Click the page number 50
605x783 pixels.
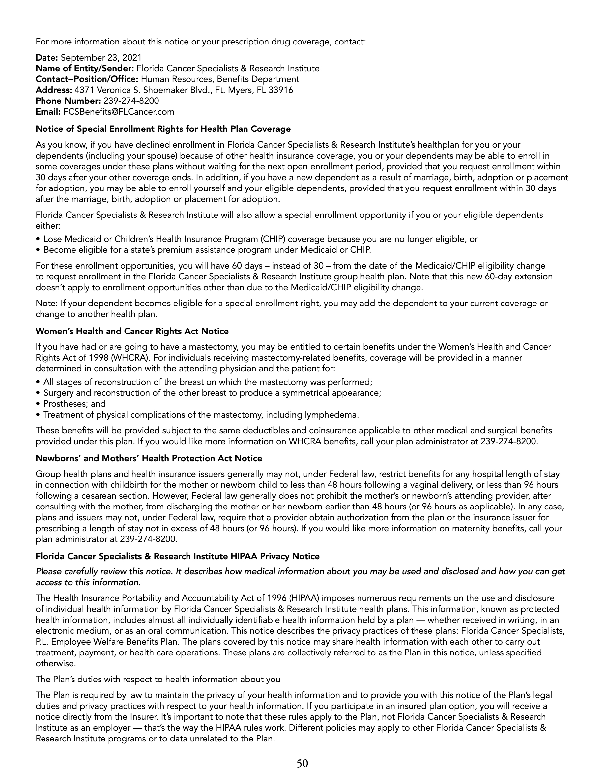tap(302, 763)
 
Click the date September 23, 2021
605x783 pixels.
tap(101, 57)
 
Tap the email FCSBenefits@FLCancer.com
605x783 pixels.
tap(119, 112)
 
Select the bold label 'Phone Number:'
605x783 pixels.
tap(68, 101)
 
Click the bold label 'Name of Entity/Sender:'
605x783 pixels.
tap(85, 68)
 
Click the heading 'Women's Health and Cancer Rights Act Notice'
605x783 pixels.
tap(132, 331)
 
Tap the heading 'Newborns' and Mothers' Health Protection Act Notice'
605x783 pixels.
tap(149, 458)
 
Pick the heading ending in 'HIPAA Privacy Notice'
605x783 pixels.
tap(177, 556)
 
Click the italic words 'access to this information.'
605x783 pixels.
tap(88, 583)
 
